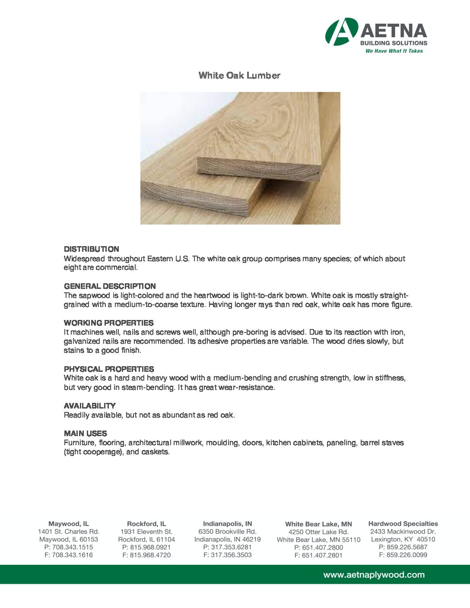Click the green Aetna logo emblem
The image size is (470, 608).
pos(341,32)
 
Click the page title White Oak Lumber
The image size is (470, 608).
pos(239,76)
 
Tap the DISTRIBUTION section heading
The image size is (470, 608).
pos(92,249)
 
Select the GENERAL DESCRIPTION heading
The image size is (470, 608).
pos(110,286)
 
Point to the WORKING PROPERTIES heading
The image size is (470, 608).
pos(108,323)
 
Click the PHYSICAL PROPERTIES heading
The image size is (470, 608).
pos(109,369)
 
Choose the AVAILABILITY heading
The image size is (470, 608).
pos(90,406)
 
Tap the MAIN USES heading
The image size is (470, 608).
pos(86,434)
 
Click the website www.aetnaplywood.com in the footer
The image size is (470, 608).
pos(374,575)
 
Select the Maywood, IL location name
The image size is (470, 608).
pos(69,524)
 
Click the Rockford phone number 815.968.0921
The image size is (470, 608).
pos(150,547)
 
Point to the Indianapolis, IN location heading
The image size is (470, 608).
pos(228,524)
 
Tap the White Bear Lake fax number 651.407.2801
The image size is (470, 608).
pos(322,555)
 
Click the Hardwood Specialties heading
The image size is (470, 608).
pos(403,524)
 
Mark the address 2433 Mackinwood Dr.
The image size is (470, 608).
pos(403,532)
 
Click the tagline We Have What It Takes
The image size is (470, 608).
pos(394,51)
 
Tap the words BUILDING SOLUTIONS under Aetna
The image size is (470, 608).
pos(394,43)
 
